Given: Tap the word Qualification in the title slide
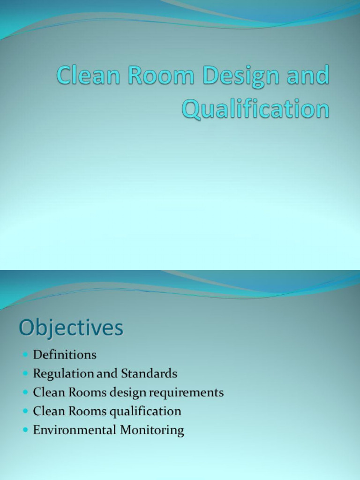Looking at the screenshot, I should (x=255, y=109).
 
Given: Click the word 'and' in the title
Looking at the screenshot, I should (x=307, y=76).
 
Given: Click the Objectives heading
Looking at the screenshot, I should (x=71, y=328).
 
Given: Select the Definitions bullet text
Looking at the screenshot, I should (x=65, y=354).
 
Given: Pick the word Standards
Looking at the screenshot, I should (x=149, y=374).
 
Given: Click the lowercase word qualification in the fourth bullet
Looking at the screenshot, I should (x=145, y=412).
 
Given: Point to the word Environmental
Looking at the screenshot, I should (x=75, y=430).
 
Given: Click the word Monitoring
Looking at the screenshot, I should (x=152, y=430).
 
